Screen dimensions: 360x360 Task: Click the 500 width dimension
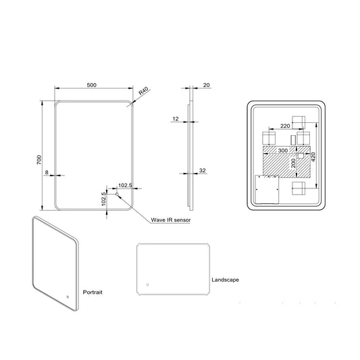click(92, 84)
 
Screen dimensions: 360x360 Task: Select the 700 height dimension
click(40, 159)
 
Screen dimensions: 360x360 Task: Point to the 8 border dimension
click(47, 173)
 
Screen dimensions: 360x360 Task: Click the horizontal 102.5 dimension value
click(125, 184)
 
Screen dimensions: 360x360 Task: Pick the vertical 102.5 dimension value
click(104, 201)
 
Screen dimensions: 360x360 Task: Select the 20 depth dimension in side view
click(205, 84)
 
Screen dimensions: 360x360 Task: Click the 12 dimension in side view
click(175, 119)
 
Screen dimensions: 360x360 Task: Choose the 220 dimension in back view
click(285, 126)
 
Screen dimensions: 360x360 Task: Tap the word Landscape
click(225, 278)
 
